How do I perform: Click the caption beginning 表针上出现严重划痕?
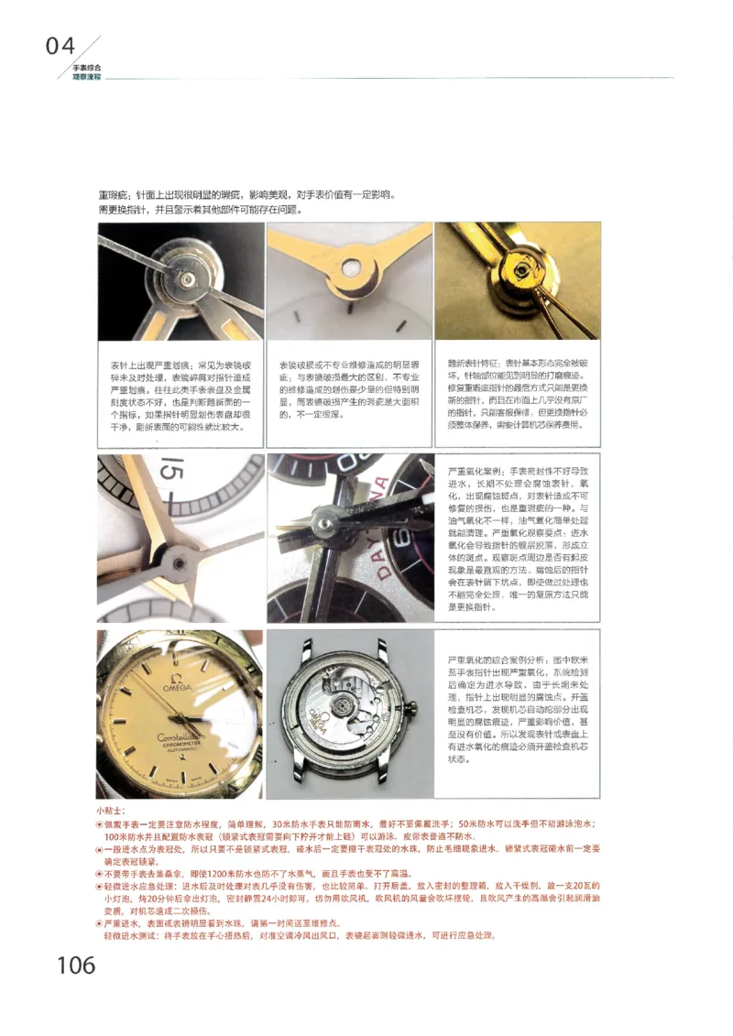tap(180, 395)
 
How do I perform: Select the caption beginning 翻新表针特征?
tap(518, 395)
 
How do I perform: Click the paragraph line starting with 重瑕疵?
tap(247, 195)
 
